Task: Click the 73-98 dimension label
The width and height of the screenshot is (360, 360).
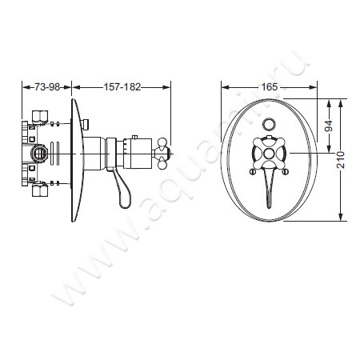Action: click(x=47, y=87)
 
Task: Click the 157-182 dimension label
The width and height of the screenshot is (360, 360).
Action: click(x=122, y=87)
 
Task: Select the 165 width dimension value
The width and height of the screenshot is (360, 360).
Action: click(x=270, y=87)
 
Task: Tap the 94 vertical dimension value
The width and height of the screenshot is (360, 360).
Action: click(x=330, y=126)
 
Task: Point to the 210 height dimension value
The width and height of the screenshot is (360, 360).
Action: click(x=341, y=160)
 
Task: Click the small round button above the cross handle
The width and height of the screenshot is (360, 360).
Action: click(x=269, y=124)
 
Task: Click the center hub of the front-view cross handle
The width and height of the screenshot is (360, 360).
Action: click(x=269, y=154)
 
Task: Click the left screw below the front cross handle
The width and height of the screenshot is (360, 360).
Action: click(x=253, y=171)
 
